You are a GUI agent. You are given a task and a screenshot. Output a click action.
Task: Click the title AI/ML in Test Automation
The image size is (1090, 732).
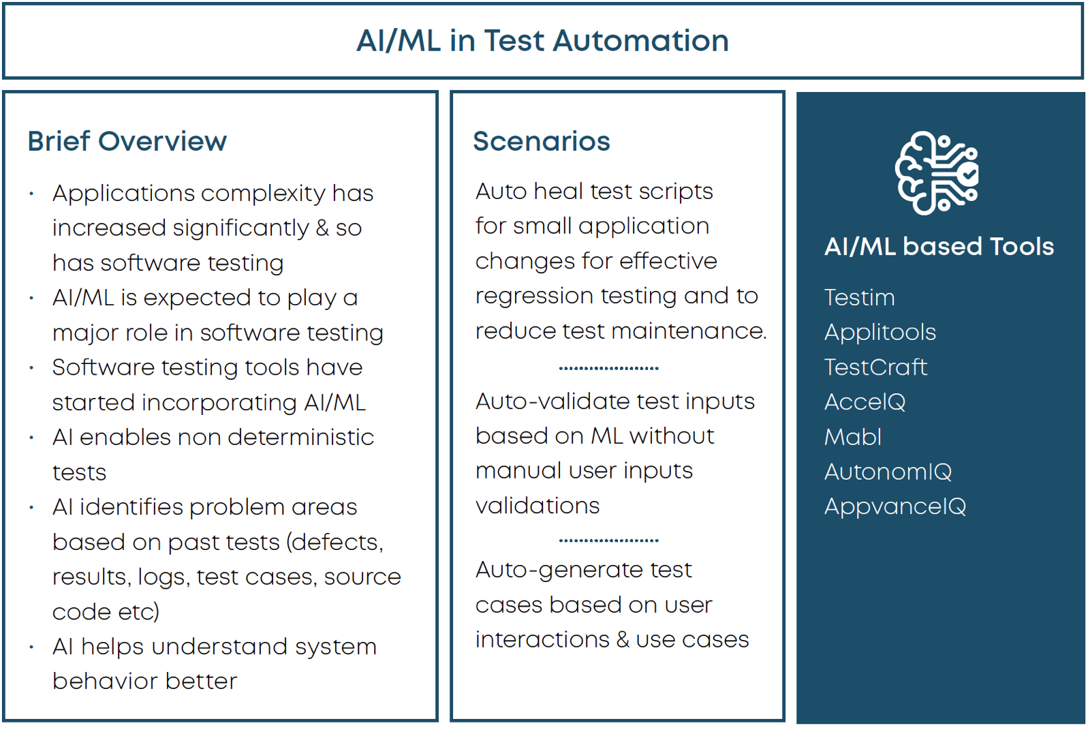click(x=542, y=40)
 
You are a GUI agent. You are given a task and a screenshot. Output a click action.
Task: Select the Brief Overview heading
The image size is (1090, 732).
click(x=127, y=141)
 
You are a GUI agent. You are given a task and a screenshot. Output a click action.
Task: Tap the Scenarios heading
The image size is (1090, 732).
click(x=542, y=141)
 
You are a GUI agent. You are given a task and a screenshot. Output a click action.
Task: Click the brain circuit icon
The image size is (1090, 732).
click(x=937, y=173)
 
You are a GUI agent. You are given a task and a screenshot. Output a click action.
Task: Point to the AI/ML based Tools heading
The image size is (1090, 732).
click(x=939, y=246)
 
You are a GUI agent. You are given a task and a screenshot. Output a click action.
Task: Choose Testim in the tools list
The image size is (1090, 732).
click(x=860, y=297)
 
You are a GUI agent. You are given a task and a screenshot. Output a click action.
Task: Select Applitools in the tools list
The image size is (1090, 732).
click(x=880, y=333)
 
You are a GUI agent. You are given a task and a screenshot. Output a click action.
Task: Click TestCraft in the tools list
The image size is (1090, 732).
click(x=876, y=367)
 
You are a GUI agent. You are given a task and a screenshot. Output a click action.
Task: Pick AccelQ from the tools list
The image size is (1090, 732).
click(x=865, y=403)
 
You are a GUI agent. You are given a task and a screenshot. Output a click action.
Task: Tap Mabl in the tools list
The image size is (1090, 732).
click(x=853, y=437)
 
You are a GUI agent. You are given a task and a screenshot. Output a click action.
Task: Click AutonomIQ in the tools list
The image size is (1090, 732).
click(x=888, y=472)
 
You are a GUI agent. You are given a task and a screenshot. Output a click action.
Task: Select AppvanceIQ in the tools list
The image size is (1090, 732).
click(x=895, y=507)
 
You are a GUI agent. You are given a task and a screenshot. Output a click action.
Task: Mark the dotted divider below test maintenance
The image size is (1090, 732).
click(x=609, y=369)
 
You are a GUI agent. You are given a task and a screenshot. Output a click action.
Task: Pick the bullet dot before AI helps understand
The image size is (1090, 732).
click(x=31, y=647)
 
